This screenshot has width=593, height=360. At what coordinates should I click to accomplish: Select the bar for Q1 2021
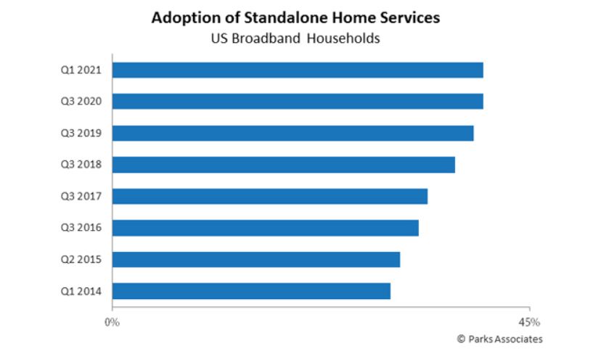click(298, 70)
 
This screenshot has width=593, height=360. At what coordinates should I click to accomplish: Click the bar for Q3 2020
click(298, 101)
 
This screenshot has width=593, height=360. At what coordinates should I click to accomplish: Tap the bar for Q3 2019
click(293, 133)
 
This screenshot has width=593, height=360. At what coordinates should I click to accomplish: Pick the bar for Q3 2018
click(284, 165)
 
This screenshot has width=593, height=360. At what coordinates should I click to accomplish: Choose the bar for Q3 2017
click(270, 196)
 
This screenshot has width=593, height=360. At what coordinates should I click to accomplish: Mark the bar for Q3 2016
click(266, 228)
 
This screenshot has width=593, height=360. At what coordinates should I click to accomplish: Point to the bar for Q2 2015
click(256, 259)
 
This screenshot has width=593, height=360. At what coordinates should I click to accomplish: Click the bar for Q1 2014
click(251, 291)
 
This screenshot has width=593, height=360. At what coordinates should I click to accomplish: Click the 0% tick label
click(113, 322)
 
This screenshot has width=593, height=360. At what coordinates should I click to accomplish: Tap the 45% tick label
click(530, 322)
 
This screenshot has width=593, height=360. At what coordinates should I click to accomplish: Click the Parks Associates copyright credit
click(499, 339)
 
